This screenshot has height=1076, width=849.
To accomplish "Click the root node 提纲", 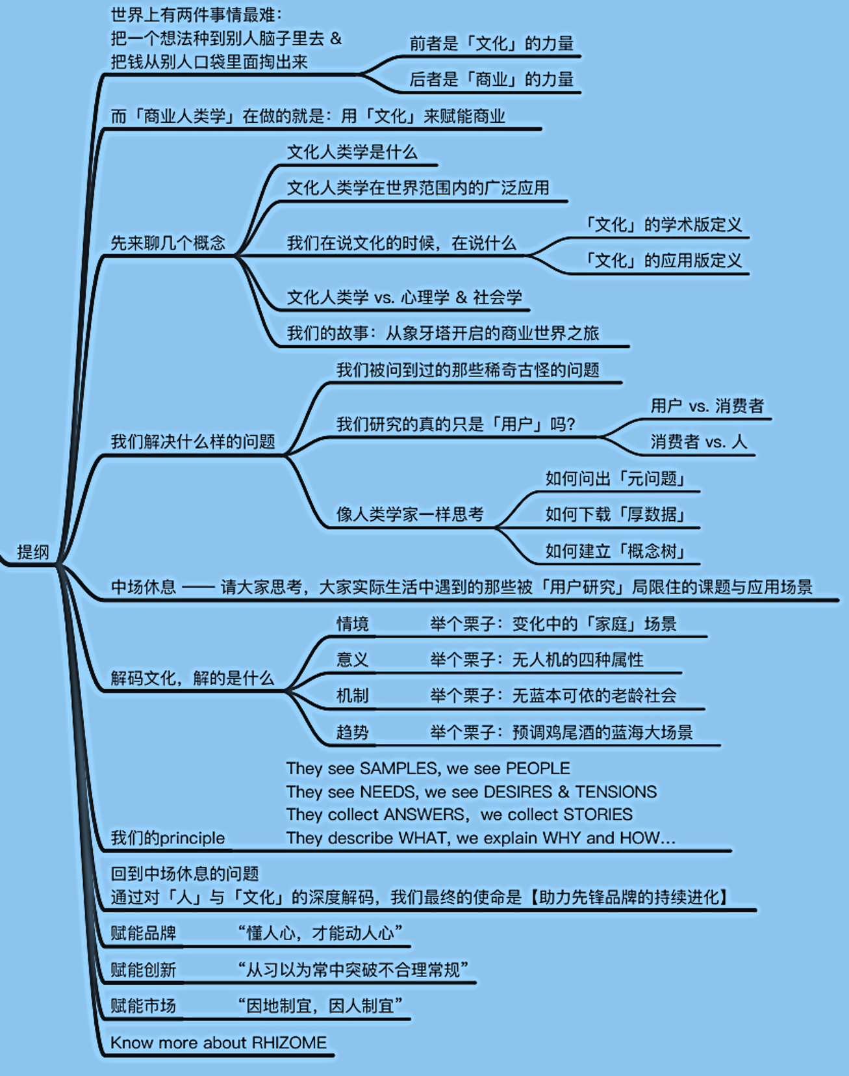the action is tap(33, 552).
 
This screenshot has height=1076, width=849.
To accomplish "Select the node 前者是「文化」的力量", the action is tap(492, 44).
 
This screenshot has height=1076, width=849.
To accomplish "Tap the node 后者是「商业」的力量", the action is tap(492, 79).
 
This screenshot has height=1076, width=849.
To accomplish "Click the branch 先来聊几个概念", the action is tap(168, 243).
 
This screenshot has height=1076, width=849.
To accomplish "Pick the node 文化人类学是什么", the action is tap(352, 152).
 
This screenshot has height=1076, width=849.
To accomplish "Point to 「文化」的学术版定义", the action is tap(661, 224).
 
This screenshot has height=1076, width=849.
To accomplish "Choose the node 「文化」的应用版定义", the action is tap(661, 260).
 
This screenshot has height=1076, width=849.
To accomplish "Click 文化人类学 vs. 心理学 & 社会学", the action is tap(405, 297).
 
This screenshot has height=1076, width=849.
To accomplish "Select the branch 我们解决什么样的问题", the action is tap(193, 441).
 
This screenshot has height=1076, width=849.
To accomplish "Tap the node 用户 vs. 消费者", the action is tap(707, 406).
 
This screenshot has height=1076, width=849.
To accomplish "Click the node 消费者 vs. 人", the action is tap(699, 441).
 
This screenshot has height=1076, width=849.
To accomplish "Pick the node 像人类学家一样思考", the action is tap(410, 514).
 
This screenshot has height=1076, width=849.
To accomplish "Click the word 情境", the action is tap(353, 623).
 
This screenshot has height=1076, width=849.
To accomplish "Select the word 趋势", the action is tap(353, 732).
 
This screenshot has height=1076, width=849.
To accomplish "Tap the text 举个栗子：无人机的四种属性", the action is tap(537, 660).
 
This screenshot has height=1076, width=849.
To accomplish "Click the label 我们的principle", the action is tap(168, 837).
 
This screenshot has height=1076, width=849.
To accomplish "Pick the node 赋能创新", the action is tap(143, 970).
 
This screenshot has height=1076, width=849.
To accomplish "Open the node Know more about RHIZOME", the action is tap(218, 1042).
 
